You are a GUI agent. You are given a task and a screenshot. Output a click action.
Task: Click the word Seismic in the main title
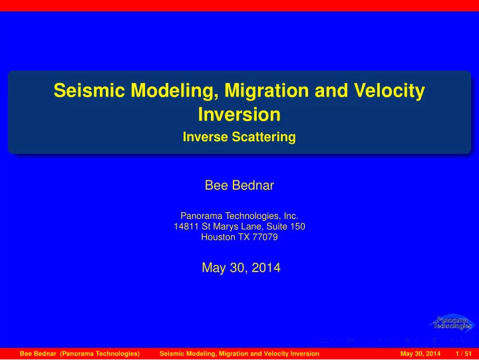click(x=89, y=90)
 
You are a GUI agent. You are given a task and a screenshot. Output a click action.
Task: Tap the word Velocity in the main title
click(x=389, y=90)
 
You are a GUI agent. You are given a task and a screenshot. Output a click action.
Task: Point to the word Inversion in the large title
click(x=239, y=114)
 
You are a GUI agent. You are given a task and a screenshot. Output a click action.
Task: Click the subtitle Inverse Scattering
click(x=239, y=137)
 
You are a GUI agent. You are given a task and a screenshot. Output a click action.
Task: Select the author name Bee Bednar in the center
click(x=239, y=185)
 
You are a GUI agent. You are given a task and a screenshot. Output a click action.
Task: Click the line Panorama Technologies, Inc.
click(x=239, y=216)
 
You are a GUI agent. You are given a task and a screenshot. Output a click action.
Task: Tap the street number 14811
click(x=186, y=226)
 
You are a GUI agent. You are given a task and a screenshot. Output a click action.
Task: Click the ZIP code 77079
click(x=265, y=237)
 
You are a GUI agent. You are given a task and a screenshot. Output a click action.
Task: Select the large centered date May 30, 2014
click(x=241, y=268)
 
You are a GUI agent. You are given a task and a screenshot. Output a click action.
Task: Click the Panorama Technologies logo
click(x=452, y=323)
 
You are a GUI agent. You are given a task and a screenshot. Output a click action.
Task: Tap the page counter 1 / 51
click(x=464, y=354)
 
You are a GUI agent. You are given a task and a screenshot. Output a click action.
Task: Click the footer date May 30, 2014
click(x=420, y=354)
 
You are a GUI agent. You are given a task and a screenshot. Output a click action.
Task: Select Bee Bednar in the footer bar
click(x=38, y=354)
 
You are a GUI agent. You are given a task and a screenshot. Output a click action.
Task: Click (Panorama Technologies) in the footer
click(x=100, y=354)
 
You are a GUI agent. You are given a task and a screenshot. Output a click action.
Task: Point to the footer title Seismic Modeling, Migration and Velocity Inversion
click(x=239, y=354)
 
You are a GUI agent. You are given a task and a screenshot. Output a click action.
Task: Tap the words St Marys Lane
click(x=232, y=226)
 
